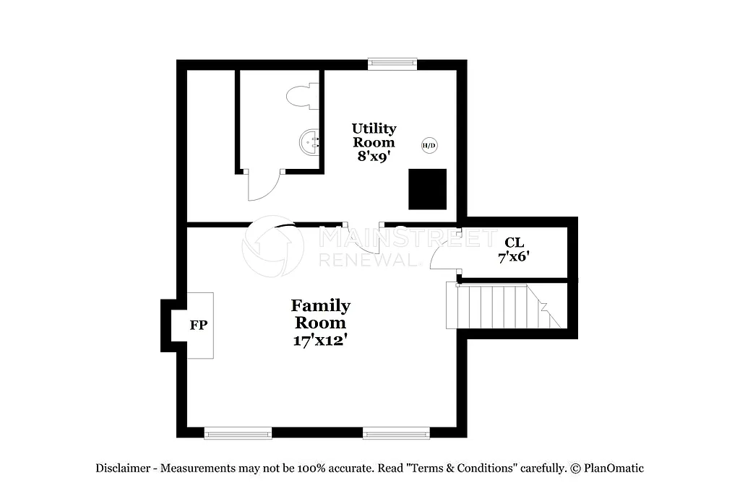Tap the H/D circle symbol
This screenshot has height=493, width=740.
[429, 146]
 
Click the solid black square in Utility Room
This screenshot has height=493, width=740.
[428, 189]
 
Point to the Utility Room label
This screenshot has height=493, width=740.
[374, 135]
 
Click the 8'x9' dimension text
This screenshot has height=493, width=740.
[374, 155]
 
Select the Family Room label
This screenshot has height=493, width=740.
[320, 314]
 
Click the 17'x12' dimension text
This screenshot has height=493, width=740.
[320, 340]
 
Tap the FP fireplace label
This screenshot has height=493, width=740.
[199, 326]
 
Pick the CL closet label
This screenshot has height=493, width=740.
[514, 243]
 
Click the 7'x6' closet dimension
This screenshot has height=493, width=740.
[514, 257]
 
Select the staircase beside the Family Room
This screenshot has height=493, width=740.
[502, 306]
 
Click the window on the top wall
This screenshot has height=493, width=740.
[392, 64]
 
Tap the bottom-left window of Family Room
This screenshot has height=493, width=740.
[238, 433]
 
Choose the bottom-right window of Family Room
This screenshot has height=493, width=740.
[396, 433]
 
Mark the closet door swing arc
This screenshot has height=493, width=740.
[442, 254]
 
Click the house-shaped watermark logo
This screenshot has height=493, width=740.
[272, 246]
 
